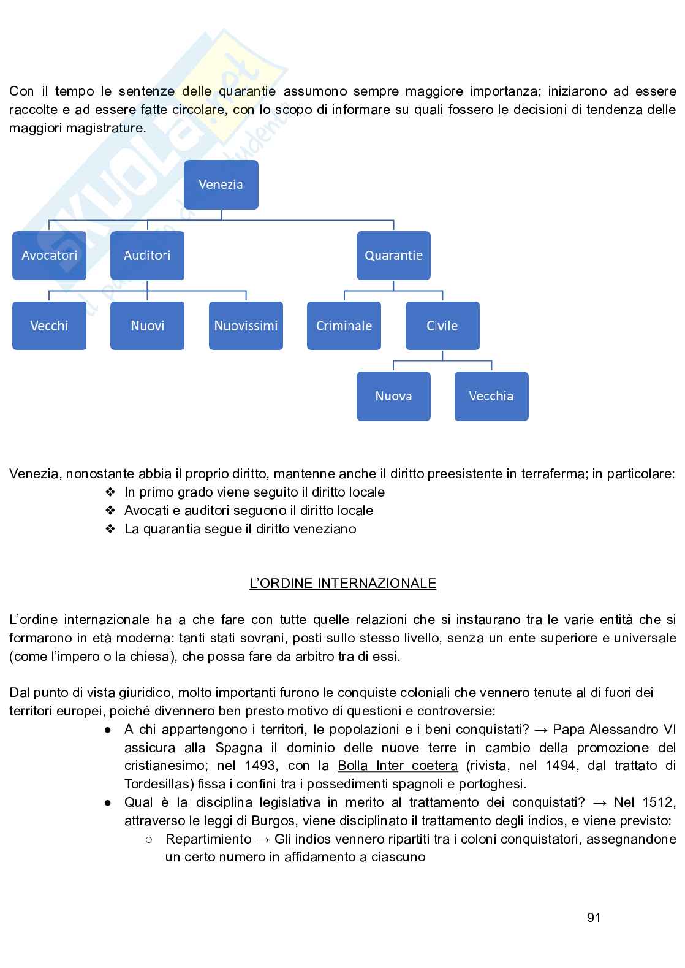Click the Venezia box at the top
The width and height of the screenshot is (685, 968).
point(221,185)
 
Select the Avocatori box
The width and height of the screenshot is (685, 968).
point(49,256)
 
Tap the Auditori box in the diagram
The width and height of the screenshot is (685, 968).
point(147,256)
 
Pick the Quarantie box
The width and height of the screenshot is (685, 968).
point(393,256)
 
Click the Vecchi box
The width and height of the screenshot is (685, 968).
point(49,326)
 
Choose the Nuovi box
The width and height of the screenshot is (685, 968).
point(147,326)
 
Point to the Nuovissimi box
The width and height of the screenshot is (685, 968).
point(246,326)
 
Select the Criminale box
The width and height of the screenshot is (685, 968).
point(344,326)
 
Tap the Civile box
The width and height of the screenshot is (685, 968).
point(442,326)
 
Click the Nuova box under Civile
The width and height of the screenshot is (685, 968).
point(393,396)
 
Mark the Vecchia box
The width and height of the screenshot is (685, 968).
point(491,396)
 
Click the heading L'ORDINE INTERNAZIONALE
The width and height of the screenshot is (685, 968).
point(342,583)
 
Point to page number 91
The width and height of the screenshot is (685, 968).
point(594,918)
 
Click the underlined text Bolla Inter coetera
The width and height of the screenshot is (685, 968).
point(398,766)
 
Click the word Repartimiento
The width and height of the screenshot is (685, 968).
point(208,839)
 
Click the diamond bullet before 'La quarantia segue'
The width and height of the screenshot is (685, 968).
point(110,528)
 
